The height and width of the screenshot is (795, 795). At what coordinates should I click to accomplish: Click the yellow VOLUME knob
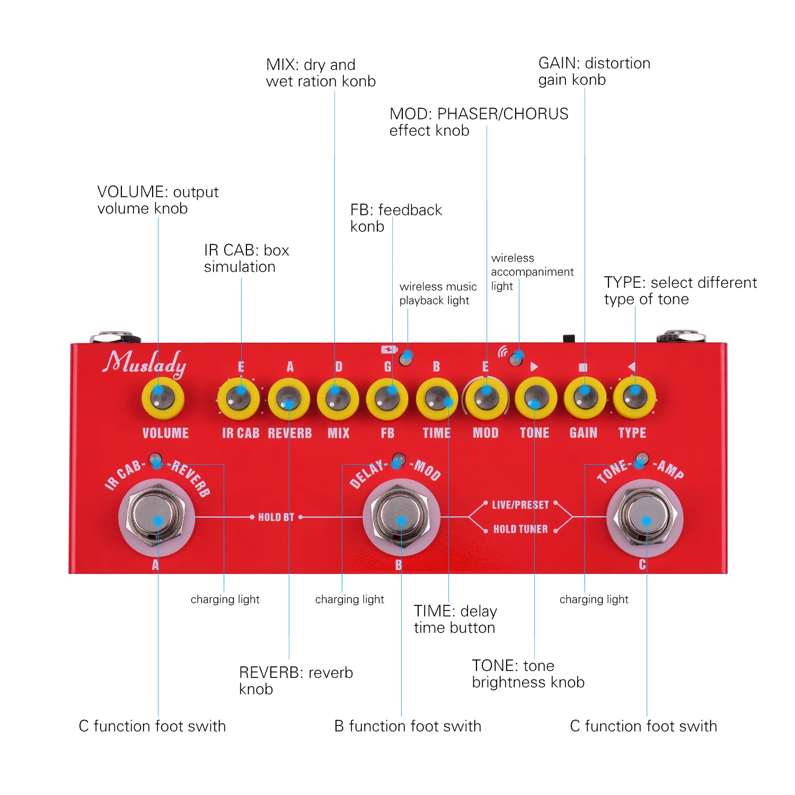pyautogui.click(x=163, y=399)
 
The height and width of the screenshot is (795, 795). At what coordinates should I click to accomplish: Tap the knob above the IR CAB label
pyautogui.click(x=239, y=399)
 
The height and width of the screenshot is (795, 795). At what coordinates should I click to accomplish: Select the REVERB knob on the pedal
pyautogui.click(x=289, y=399)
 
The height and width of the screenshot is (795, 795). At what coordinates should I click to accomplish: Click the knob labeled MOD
pyautogui.click(x=485, y=399)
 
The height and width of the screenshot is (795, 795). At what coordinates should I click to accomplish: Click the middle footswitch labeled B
pyautogui.click(x=401, y=516)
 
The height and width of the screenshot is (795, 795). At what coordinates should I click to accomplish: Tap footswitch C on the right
pyautogui.click(x=645, y=516)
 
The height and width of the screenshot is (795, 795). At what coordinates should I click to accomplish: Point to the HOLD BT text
pyautogui.click(x=276, y=517)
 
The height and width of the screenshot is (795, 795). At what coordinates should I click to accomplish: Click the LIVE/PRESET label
pyautogui.click(x=520, y=505)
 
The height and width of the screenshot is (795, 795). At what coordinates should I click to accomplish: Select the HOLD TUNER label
pyautogui.click(x=520, y=529)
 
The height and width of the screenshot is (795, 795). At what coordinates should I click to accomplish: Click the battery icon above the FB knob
pyautogui.click(x=389, y=350)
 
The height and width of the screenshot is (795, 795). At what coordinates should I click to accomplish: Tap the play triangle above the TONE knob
pyautogui.click(x=534, y=367)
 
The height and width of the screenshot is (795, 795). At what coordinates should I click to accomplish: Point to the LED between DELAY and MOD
pyautogui.click(x=399, y=459)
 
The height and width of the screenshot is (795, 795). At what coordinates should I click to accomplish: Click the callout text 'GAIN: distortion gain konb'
pyautogui.click(x=594, y=71)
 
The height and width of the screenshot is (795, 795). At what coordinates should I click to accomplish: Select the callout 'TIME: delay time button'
pyautogui.click(x=455, y=619)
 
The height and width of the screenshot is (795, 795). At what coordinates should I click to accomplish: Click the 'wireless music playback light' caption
pyautogui.click(x=438, y=293)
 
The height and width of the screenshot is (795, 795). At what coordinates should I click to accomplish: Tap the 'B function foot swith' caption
pyautogui.click(x=408, y=726)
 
